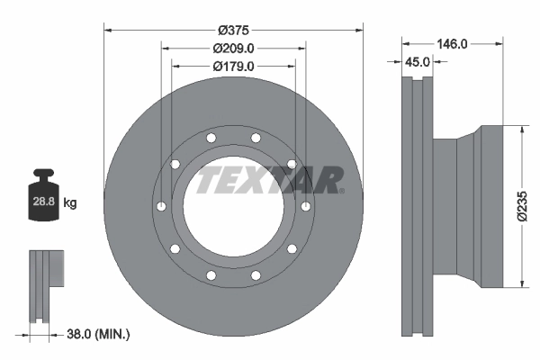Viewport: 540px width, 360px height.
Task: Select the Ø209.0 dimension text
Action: (x=234, y=48)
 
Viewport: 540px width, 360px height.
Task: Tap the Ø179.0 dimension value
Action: (x=234, y=66)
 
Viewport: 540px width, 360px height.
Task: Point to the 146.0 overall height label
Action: (x=450, y=42)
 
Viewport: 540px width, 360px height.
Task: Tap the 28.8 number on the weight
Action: (x=43, y=202)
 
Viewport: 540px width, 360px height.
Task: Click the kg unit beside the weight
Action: (x=70, y=203)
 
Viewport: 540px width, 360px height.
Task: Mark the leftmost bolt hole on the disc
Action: (x=159, y=206)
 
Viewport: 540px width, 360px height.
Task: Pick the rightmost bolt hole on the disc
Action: (x=308, y=206)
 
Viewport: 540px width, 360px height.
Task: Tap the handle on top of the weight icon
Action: (x=43, y=175)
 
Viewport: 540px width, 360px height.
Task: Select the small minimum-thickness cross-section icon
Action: (x=47, y=285)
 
